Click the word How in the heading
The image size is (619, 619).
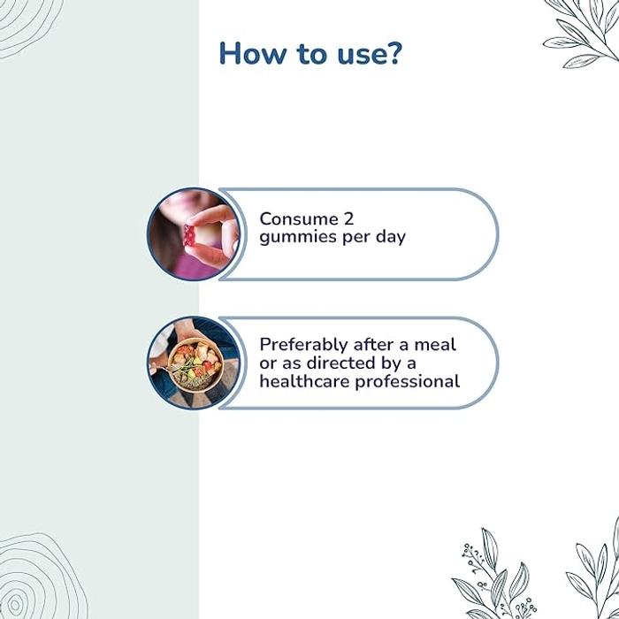(253, 53)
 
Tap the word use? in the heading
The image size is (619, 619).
(370, 53)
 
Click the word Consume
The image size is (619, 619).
(299, 219)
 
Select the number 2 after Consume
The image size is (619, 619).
(348, 219)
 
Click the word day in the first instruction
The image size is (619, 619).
(391, 237)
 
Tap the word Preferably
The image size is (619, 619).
(302, 345)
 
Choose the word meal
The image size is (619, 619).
(435, 345)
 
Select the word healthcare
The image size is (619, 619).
(304, 381)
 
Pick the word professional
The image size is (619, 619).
(407, 382)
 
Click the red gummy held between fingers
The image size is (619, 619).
(189, 235)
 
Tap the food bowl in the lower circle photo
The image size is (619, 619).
(195, 365)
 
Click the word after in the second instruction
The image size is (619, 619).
(376, 345)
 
